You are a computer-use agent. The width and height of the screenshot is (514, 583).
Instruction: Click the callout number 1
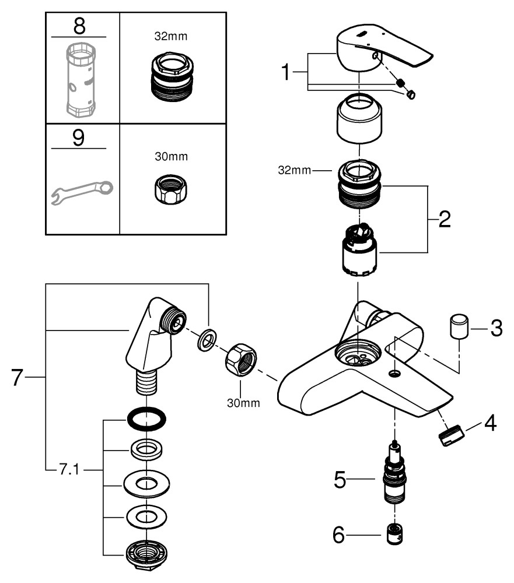pos(286,74)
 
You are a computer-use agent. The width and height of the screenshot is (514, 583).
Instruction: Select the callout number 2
pos(443,220)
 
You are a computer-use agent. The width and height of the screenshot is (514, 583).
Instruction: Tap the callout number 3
pos(495,328)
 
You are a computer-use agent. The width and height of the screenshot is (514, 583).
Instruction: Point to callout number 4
pos(491,424)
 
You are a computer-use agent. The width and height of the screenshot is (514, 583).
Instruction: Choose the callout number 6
pos(340,534)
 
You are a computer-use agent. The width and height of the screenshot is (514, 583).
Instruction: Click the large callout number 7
pos(19,377)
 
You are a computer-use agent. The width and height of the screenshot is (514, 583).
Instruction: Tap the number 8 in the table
pos(78,26)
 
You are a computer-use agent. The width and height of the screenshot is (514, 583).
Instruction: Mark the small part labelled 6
pos(396,534)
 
